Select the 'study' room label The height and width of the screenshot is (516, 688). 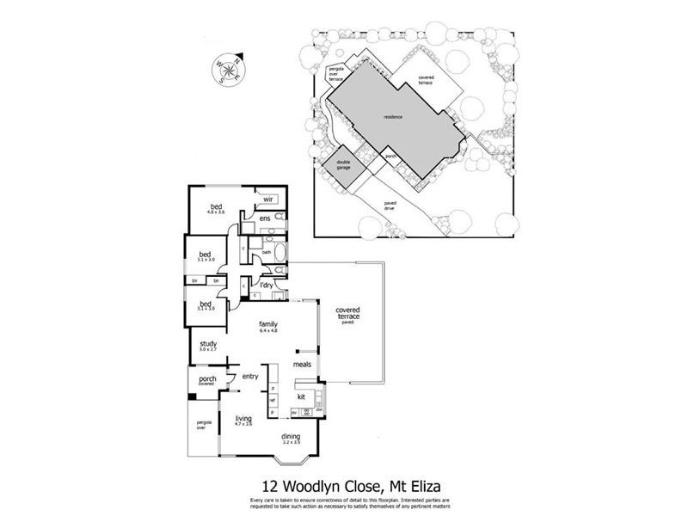(207, 344)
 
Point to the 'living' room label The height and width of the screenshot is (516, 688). (243, 419)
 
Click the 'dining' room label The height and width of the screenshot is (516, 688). (291, 436)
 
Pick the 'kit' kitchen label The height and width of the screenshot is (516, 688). (302, 396)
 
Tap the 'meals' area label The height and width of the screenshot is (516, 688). (301, 364)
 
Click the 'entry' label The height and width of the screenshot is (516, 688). (251, 376)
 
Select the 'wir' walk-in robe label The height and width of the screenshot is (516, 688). (267, 200)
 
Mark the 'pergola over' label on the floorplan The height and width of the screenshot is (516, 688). (204, 425)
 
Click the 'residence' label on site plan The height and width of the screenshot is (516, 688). (393, 117)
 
